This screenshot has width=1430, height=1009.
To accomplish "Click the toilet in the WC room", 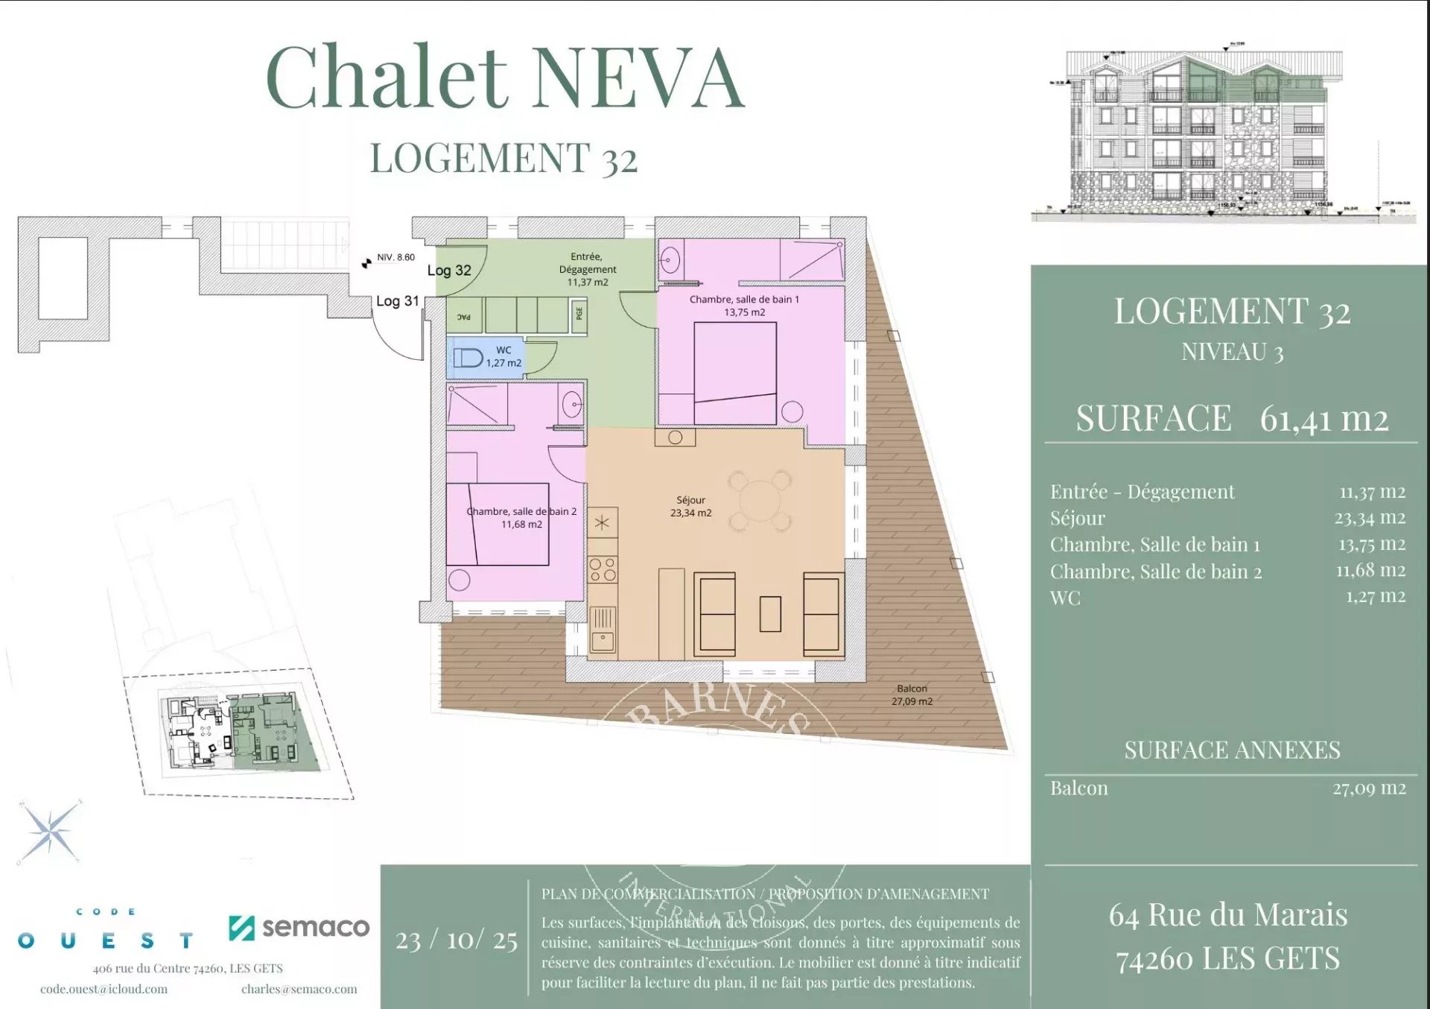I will coord(468,358).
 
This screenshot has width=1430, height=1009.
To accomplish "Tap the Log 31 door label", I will coord(397,301).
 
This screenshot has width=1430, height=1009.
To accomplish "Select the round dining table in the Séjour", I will coord(760,501).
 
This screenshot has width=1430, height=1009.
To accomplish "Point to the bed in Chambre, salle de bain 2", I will coord(497,524).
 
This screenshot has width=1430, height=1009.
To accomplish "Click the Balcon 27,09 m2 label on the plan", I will coord(912,695).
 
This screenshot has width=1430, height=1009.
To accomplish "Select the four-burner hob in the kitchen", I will coord(602,569).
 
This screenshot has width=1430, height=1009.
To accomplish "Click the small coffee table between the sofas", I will coord(770,614).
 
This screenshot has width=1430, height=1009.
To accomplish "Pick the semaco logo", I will coord(299,927).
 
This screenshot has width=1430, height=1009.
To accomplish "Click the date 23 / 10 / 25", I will coord(456,940).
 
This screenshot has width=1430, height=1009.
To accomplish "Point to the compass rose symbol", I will coord(50,832).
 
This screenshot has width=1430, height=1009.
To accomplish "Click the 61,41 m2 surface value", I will coord(1323,419).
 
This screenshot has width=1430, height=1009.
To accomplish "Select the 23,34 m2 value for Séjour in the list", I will coord(1369,517).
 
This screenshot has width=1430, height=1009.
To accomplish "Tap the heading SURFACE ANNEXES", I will coord(1231,750).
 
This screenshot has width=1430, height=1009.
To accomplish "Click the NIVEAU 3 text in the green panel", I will coord(1232,352).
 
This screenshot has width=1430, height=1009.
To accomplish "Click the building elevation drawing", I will coord(1203,134).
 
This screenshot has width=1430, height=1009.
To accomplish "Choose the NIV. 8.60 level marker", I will coord(395,257).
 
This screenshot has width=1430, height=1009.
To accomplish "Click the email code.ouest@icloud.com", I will coord(104,989).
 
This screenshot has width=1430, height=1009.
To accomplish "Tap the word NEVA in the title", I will coord(638,78).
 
